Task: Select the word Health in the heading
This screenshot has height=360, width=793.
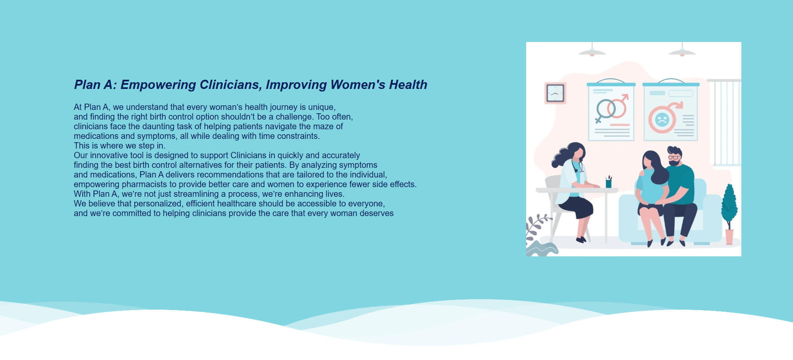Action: coord(408,85)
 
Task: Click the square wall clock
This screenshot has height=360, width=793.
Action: coord(555,93)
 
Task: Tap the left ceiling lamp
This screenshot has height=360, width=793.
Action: coord(592,51)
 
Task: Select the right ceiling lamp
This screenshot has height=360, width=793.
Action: coord(682,51)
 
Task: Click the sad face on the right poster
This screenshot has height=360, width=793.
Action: coord(662,120)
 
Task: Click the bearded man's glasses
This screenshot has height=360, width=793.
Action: coord(673,157)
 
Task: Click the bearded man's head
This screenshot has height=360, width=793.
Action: coord(674,156)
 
